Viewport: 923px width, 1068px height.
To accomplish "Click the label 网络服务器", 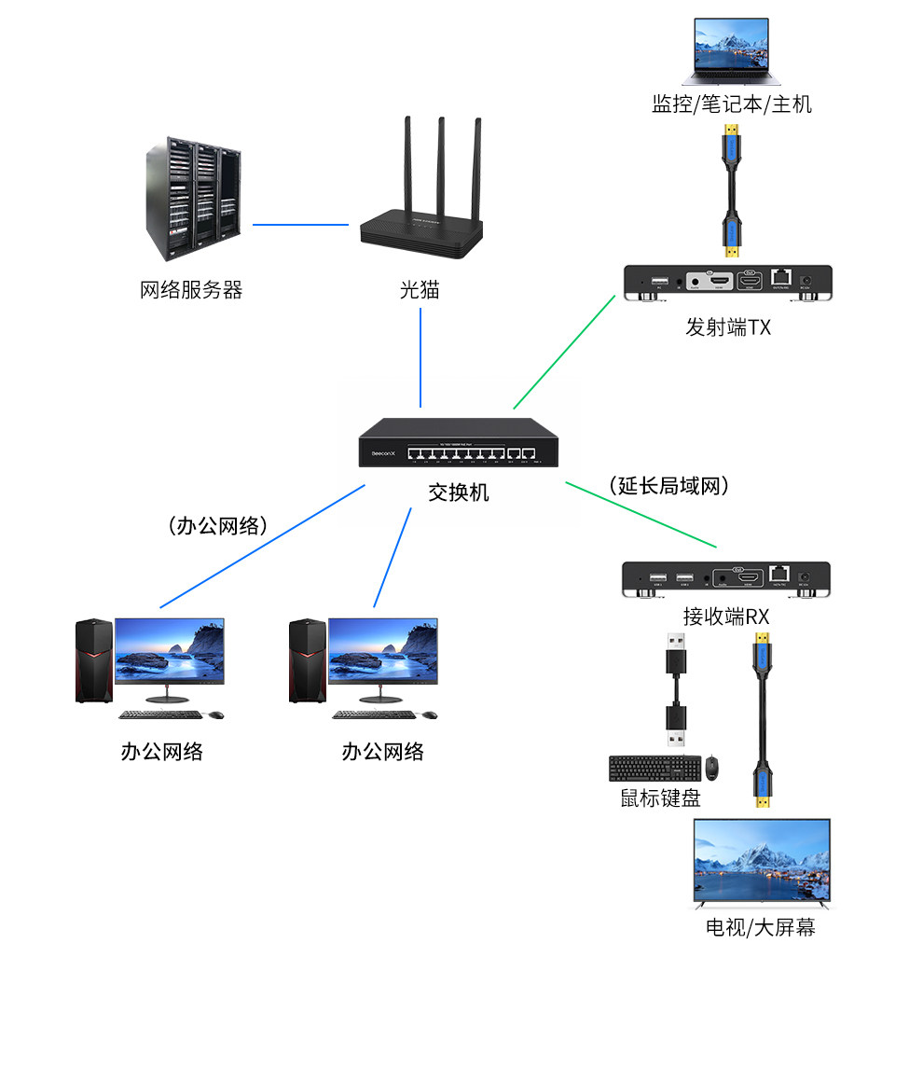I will (x=191, y=290).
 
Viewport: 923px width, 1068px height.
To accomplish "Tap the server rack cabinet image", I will (x=192, y=198).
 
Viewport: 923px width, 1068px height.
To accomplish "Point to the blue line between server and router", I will (x=300, y=224).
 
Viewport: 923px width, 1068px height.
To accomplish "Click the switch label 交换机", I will (x=459, y=492).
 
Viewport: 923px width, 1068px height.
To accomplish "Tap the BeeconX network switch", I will (x=459, y=443).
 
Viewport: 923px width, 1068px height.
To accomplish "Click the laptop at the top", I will (x=730, y=51).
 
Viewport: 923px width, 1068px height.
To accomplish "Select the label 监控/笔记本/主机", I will (x=731, y=104).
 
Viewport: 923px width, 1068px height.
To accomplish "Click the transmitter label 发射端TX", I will (x=728, y=326).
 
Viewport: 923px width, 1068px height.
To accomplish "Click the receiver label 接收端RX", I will (x=725, y=617).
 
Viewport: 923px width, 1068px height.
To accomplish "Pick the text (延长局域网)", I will (x=668, y=486).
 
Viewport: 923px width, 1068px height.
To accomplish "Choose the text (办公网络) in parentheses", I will (x=218, y=526).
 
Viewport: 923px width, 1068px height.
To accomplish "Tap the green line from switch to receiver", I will (x=641, y=514).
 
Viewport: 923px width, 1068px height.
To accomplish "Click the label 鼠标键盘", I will (x=660, y=798).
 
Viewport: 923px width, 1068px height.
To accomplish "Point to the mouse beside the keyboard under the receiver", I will (x=713, y=768).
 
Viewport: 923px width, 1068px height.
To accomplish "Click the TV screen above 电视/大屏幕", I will (x=761, y=862).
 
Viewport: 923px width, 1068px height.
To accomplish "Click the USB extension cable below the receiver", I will (x=676, y=690).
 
